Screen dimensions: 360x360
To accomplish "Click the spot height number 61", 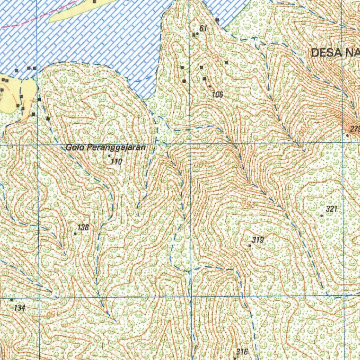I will [x=203, y=28].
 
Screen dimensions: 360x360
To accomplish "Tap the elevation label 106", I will [x=218, y=94].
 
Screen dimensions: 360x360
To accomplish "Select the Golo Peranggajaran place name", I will [x=105, y=148].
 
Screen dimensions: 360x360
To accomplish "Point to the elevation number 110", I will [x=116, y=162].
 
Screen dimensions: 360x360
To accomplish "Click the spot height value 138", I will [x=83, y=227].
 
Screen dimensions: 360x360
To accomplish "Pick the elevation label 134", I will [x=20, y=308].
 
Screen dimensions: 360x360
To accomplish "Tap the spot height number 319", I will [x=258, y=240].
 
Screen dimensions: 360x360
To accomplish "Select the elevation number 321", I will [x=332, y=209].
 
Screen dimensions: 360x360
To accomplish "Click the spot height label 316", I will [x=242, y=352].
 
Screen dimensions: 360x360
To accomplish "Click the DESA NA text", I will [x=335, y=53].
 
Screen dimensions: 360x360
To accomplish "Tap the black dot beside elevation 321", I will [x=322, y=215].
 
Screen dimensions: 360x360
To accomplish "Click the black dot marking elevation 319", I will [x=250, y=245].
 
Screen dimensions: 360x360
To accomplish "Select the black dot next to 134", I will [x=12, y=300].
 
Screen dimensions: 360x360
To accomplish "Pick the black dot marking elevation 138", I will [x=76, y=233].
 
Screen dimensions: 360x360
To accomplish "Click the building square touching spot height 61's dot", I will [x=194, y=35].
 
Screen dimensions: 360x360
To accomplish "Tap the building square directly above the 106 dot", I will [x=204, y=79].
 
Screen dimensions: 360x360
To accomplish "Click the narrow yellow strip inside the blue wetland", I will [x=81, y=11].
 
